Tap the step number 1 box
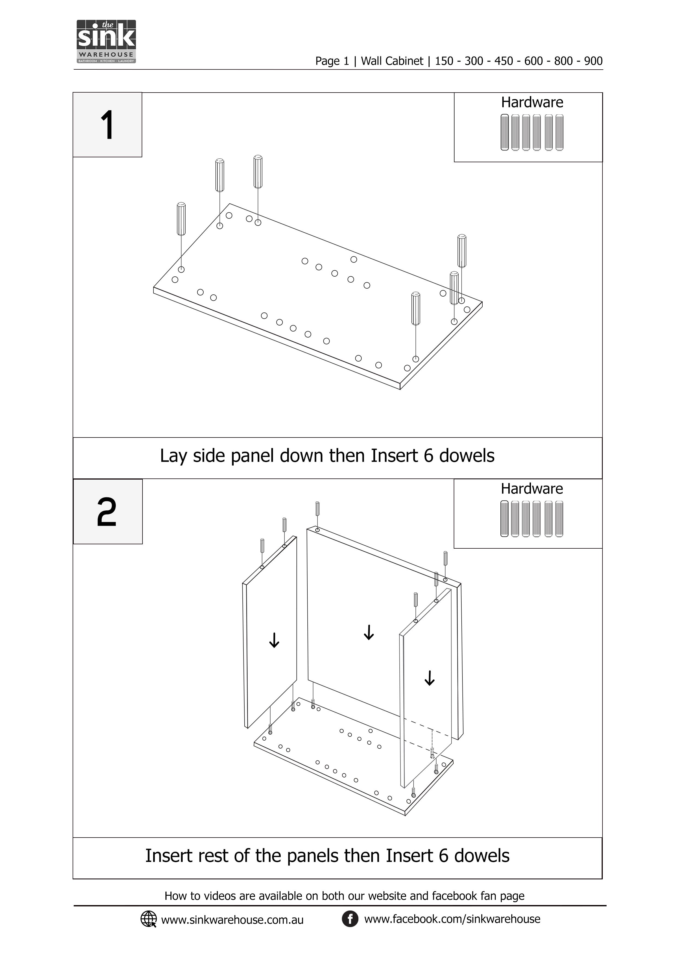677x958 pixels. pyautogui.click(x=107, y=125)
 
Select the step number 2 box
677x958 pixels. pyautogui.click(x=107, y=511)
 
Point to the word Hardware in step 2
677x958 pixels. pyautogui.click(x=532, y=489)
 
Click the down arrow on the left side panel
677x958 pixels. pyautogui.click(x=274, y=640)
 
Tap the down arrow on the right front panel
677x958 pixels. pyautogui.click(x=429, y=678)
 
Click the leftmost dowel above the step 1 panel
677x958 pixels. pyautogui.click(x=181, y=219)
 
